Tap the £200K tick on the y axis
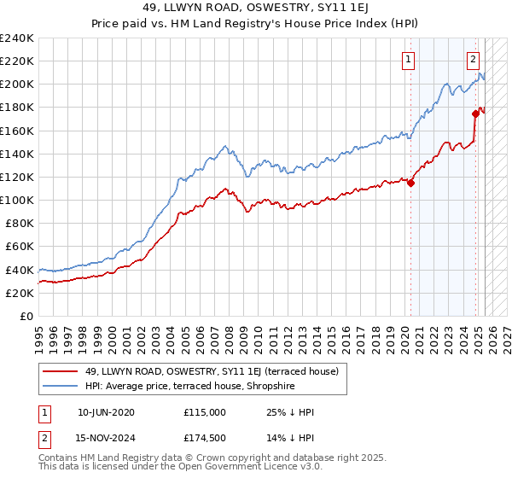coord(16,85)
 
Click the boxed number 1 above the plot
coord(410,60)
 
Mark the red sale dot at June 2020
coord(410,182)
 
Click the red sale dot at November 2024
coord(475,113)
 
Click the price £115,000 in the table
coord(204,412)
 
